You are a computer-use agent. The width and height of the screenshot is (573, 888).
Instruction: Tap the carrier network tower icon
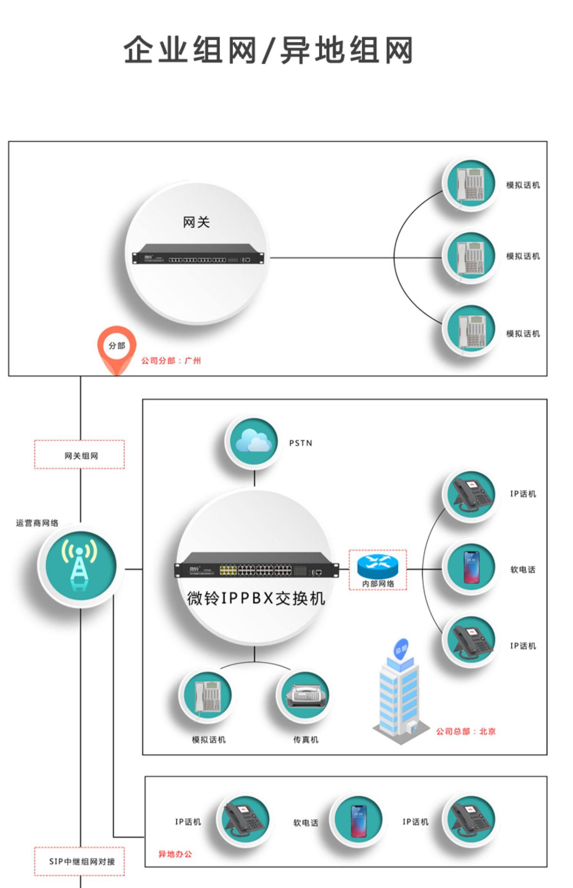(x=79, y=565)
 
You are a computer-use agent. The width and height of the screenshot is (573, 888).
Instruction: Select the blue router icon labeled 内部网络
(x=377, y=566)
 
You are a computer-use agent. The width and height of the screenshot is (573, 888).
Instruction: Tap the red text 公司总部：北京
(x=466, y=732)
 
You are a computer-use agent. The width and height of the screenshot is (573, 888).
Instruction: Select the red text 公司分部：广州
(x=171, y=361)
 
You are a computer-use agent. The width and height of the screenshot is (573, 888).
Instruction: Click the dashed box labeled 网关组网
(x=79, y=454)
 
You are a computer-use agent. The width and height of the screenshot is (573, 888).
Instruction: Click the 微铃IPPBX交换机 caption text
(x=256, y=598)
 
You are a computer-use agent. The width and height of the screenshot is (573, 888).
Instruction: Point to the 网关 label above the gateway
(x=196, y=222)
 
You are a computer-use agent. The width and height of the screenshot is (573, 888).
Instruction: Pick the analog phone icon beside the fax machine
(x=207, y=695)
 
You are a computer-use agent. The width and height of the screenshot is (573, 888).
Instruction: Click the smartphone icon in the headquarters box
(x=471, y=567)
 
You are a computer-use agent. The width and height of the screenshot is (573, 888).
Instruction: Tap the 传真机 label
(x=306, y=740)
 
